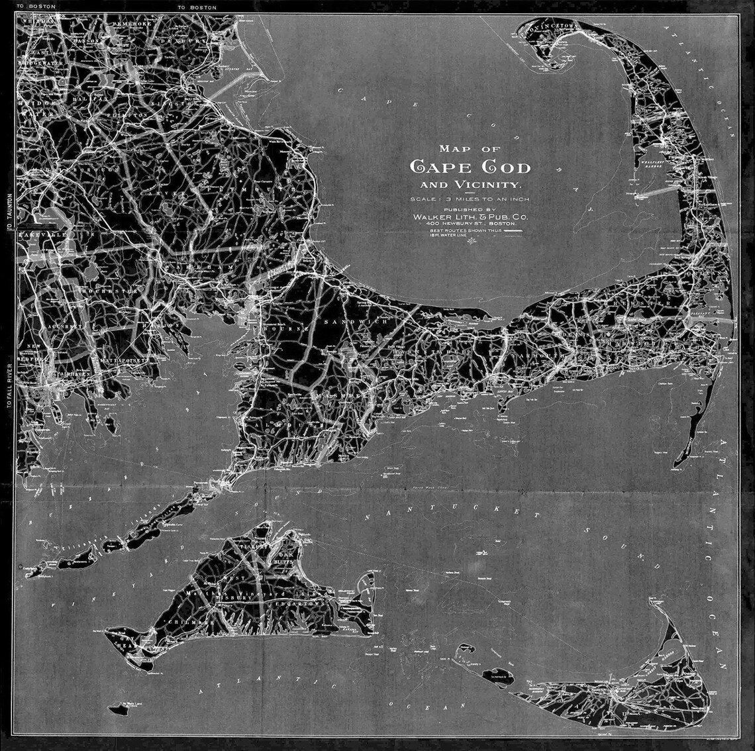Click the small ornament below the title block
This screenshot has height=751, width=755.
point(471,241)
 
